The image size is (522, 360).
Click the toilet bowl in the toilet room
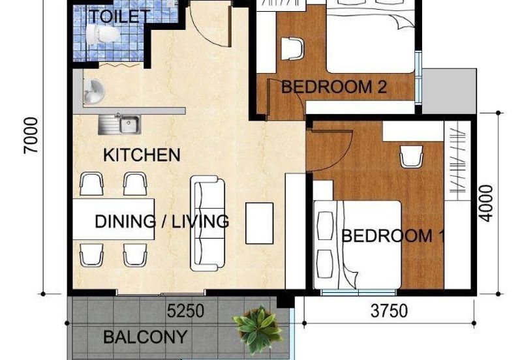pyautogui.click(x=102, y=34)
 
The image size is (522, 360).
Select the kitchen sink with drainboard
pyautogui.click(x=119, y=125)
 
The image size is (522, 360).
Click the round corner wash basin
pyautogui.click(x=93, y=91)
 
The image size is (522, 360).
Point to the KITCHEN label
pyautogui.click(x=142, y=155)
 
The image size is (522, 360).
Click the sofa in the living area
pyautogui.click(x=207, y=223)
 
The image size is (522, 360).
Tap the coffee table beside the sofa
pyautogui.click(x=260, y=223)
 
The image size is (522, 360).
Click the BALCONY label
pyautogui.click(x=145, y=337)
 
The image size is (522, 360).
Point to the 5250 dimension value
pyautogui.click(x=185, y=311)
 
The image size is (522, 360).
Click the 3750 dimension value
pyautogui.click(x=389, y=311)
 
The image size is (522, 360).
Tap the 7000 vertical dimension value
pyautogui.click(x=31, y=136)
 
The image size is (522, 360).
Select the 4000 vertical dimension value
pyautogui.click(x=486, y=203)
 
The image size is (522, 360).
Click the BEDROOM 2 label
pyautogui.click(x=334, y=87)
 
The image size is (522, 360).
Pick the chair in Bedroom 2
pyautogui.click(x=292, y=48)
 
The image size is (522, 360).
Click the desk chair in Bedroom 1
pyautogui.click(x=412, y=157)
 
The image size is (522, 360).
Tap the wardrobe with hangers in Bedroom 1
pyautogui.click(x=457, y=160)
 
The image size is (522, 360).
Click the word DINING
pyautogui.click(x=125, y=222)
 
